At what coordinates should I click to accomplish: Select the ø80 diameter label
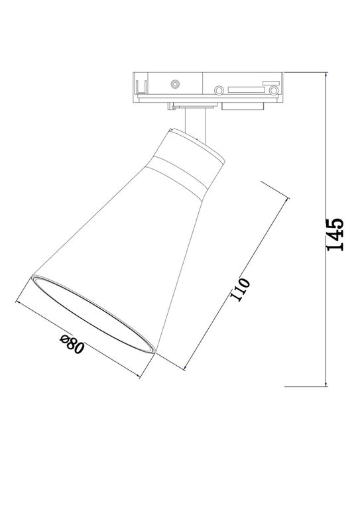coord(72,345)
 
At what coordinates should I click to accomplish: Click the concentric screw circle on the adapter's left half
coord(174,84)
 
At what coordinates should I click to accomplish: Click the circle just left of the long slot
coord(218,87)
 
